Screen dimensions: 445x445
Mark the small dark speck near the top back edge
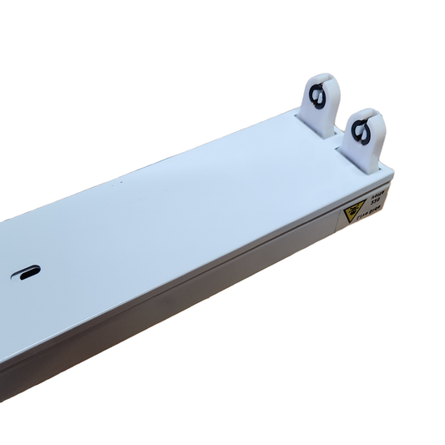(x=122, y=180)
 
